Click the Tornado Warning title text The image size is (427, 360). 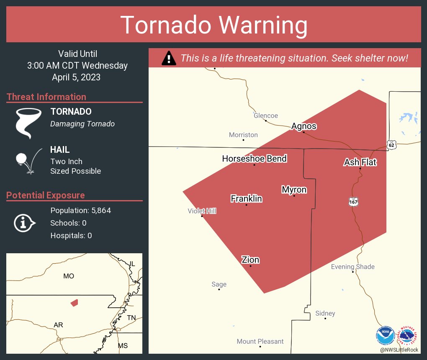click(x=213, y=25)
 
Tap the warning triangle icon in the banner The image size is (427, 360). click(x=169, y=58)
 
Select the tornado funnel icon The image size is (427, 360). click(x=28, y=123)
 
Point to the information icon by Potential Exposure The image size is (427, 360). click(x=24, y=223)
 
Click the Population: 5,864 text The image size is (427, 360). click(x=80, y=211)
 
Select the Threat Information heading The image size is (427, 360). click(x=46, y=97)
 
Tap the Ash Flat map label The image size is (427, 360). click(x=360, y=162)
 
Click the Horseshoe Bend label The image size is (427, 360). click(x=254, y=159)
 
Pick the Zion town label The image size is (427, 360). click(x=250, y=260)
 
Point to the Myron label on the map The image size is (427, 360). click(x=294, y=190)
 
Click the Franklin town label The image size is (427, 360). click(x=246, y=198)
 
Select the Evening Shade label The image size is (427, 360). click(x=352, y=267)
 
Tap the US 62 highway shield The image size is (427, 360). click(x=391, y=145)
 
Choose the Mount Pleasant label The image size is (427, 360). click(x=260, y=341)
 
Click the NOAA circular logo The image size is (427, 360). click(x=385, y=336)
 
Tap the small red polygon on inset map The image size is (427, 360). click(x=74, y=302)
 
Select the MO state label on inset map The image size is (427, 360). click(x=68, y=276)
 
